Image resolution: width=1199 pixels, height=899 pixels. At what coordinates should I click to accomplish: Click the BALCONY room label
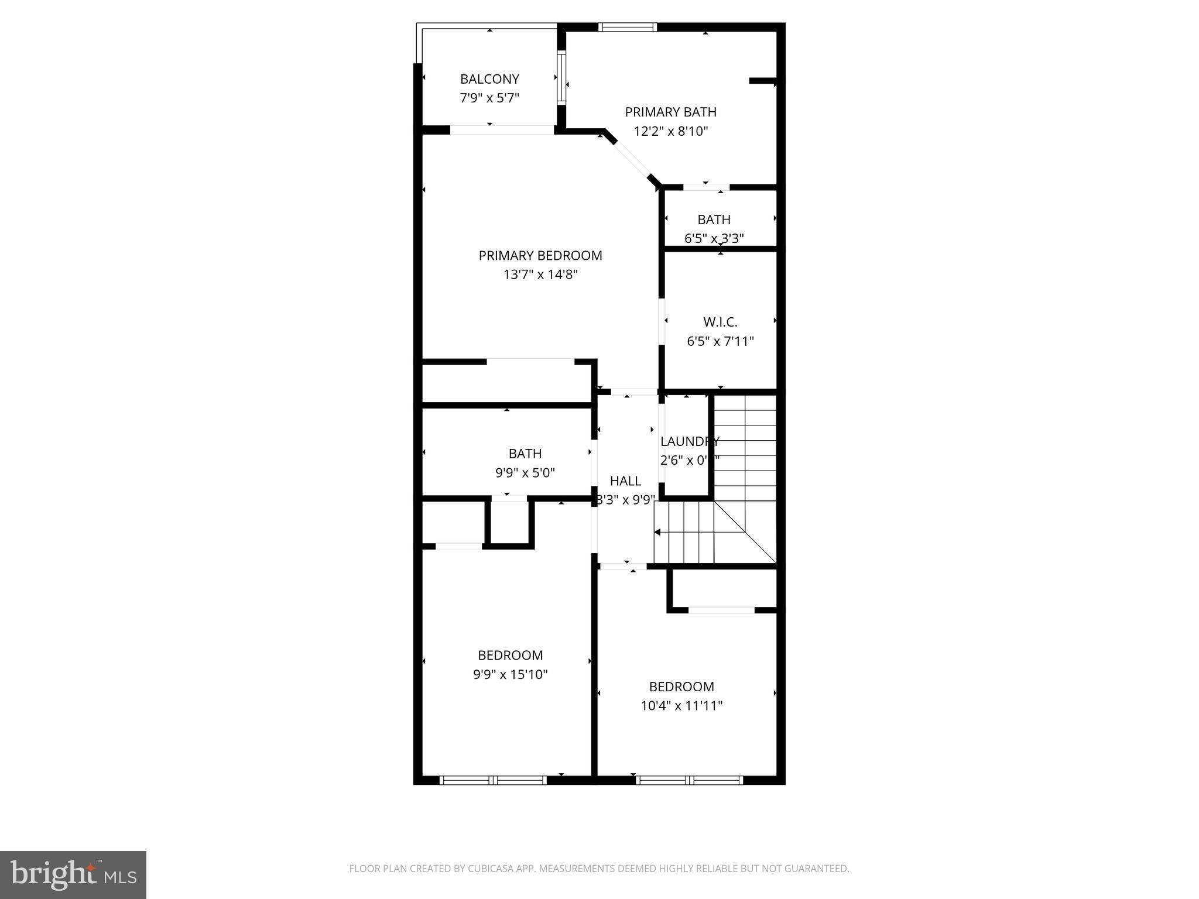coord(489,79)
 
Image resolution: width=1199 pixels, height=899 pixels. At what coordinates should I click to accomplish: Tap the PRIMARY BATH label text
coord(670,112)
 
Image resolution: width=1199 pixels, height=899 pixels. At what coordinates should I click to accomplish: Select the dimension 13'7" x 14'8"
coord(540,274)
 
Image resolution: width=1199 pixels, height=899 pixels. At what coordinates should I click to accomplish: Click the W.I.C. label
coord(720,322)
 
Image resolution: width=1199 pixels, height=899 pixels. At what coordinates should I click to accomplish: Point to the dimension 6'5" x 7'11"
coord(720,341)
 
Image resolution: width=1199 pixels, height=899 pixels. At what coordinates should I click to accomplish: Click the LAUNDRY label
coord(690,441)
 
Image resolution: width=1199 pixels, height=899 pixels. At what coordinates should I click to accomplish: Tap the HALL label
coord(625,481)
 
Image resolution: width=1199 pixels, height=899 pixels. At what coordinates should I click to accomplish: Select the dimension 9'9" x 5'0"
coord(525,473)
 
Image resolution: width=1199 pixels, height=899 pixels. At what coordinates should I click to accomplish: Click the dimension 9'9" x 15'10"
coord(511,674)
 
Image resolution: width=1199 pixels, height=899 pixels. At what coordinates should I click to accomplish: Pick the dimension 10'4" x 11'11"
coord(681,706)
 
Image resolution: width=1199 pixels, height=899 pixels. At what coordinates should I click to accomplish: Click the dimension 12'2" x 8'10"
coord(671,131)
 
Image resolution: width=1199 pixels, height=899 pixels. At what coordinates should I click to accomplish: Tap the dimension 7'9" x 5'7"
coord(489,98)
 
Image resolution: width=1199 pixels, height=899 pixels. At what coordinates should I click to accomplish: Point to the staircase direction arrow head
coord(657,532)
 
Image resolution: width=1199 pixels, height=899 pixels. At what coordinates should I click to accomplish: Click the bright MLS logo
coord(73,874)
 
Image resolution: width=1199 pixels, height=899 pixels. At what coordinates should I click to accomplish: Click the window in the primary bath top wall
coord(628,27)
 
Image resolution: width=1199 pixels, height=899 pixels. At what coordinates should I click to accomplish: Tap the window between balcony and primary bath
coord(561,78)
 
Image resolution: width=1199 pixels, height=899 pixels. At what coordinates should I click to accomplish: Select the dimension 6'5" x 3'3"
coord(714,239)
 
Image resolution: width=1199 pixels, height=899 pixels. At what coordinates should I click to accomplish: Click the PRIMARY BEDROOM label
coord(540,256)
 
